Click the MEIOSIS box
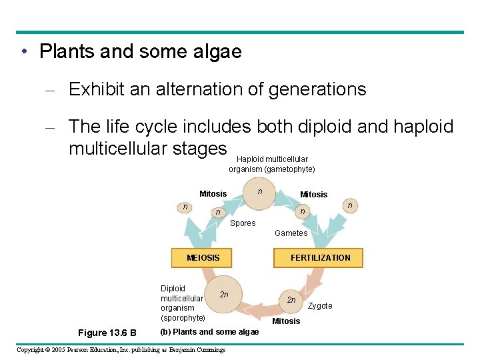coord(203,257)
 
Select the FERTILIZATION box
coord(319,258)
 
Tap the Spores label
coord(243,223)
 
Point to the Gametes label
coord(291,233)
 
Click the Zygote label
coord(320,306)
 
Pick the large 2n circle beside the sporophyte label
coord(224,295)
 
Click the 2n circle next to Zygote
coord(291,300)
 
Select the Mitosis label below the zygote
coord(286,321)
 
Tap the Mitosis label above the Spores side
coord(213,194)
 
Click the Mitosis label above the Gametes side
coord(313,195)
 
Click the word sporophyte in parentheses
coord(183,318)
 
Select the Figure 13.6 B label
coord(107,333)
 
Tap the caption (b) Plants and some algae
coord(209,332)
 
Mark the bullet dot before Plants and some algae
coord(23,51)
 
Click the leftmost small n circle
coord(185,207)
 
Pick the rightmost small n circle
coord(349,206)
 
